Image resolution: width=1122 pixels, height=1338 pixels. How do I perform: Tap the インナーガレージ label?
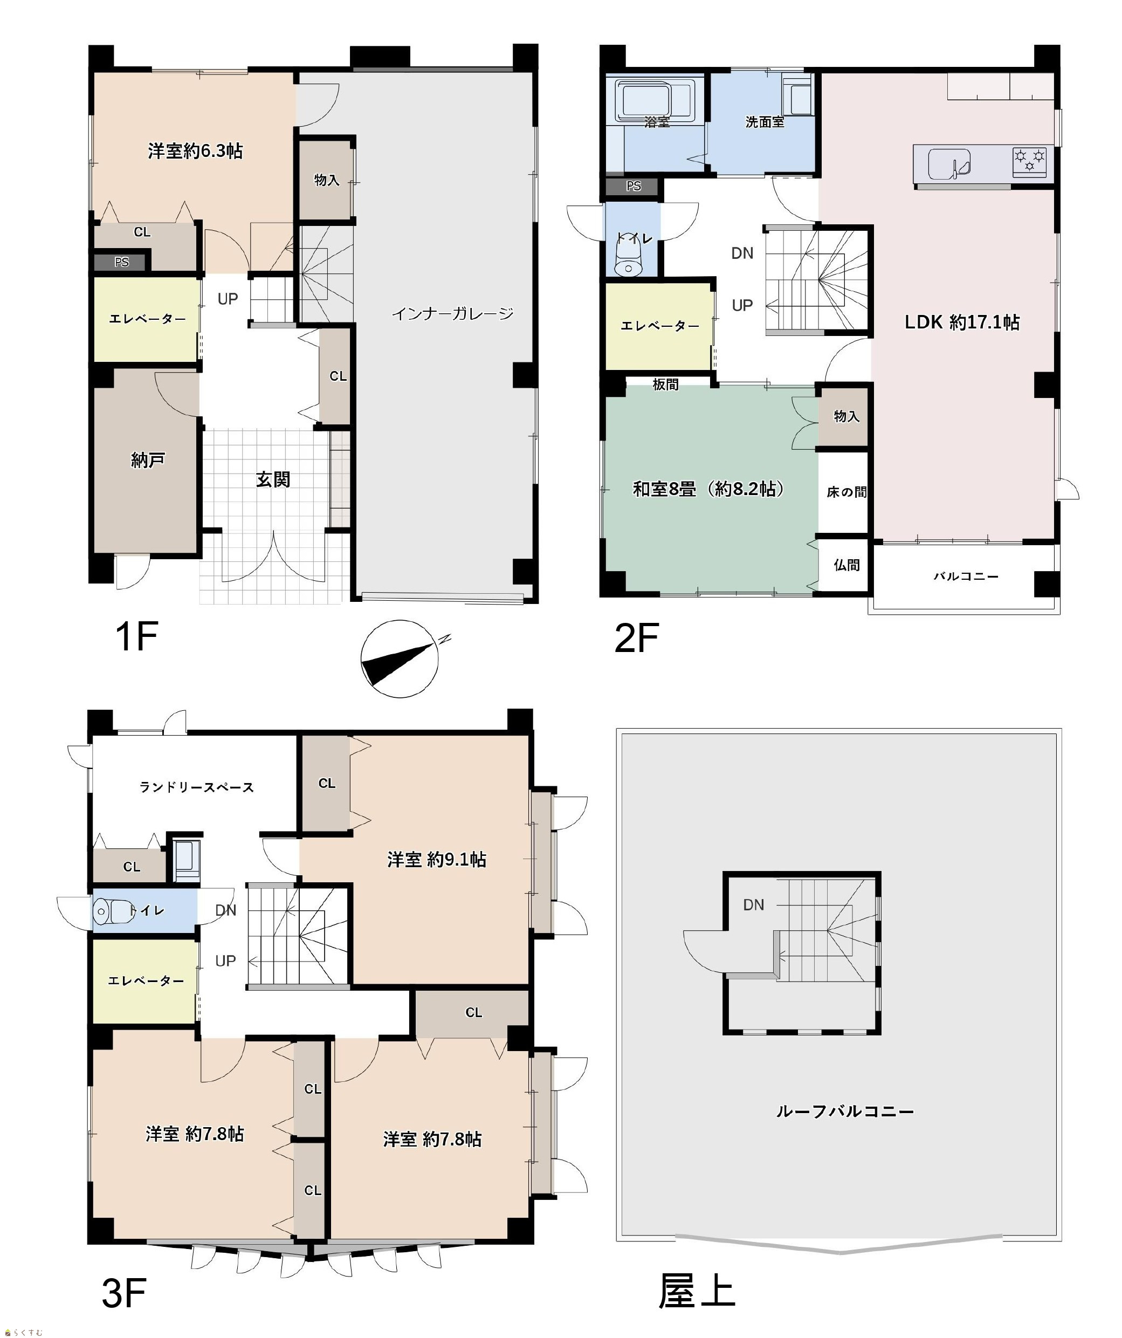click(x=452, y=313)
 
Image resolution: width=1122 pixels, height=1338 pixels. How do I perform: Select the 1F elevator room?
click(x=147, y=319)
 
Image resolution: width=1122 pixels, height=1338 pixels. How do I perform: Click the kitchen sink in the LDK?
click(x=949, y=164)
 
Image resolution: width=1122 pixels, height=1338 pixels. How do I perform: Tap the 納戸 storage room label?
click(x=148, y=459)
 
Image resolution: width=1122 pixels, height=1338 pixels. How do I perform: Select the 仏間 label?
click(x=846, y=565)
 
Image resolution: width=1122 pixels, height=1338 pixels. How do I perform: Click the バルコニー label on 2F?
click(x=966, y=577)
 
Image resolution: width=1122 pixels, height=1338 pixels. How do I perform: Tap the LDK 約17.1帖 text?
click(x=962, y=323)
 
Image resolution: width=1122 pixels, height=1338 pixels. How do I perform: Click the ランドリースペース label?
click(x=197, y=787)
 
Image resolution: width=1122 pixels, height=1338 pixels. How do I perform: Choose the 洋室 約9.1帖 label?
click(x=437, y=860)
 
